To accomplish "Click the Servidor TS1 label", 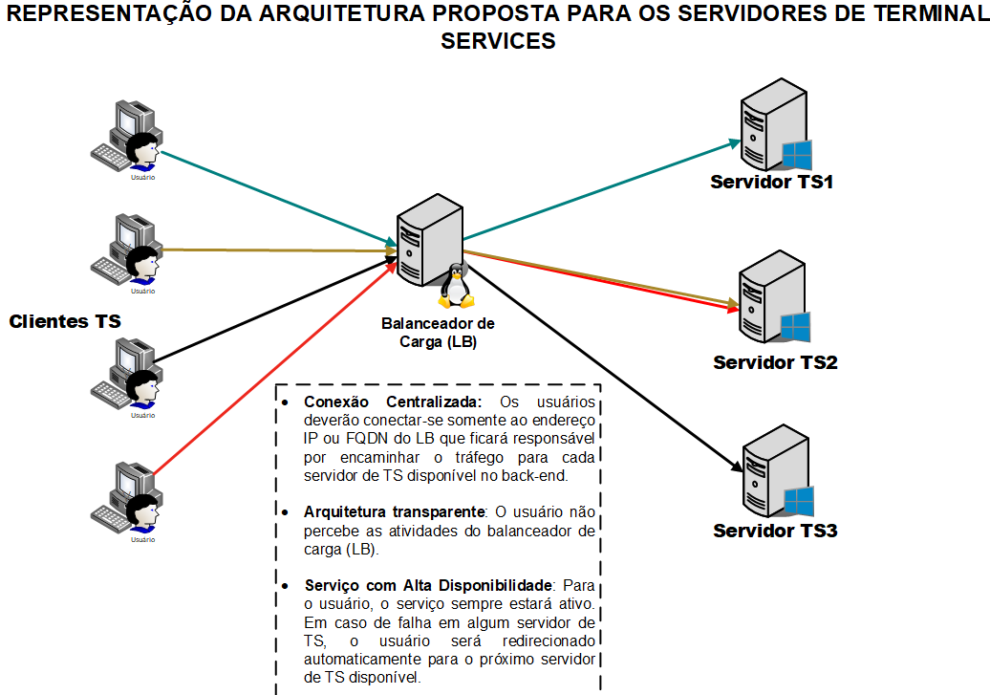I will tap(771, 182).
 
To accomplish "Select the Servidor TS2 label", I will tap(775, 363).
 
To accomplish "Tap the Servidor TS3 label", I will tap(775, 530).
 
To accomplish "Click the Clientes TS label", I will tap(65, 322).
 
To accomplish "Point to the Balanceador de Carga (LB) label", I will tap(438, 333).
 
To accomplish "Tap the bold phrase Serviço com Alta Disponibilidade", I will tap(427, 585).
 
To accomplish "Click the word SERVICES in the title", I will tap(497, 42).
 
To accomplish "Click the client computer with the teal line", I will tap(131, 134).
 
